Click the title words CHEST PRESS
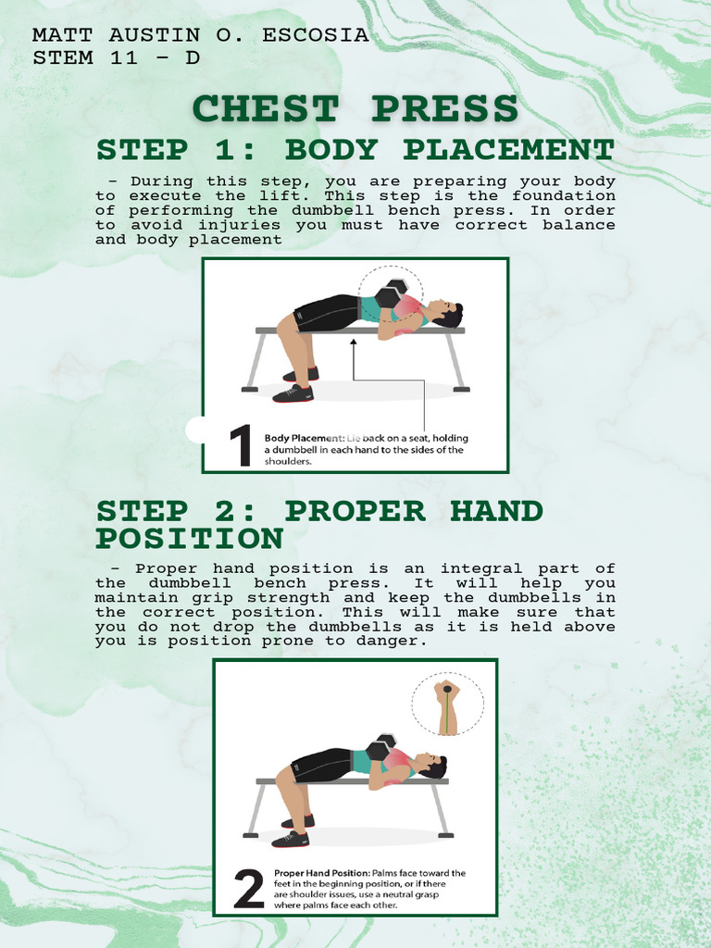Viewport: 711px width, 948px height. click(355, 109)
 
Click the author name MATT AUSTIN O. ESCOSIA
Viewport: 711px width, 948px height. click(201, 36)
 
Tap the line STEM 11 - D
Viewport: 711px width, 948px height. click(116, 57)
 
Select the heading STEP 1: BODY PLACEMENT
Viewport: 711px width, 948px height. click(355, 150)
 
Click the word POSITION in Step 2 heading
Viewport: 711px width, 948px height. click(190, 539)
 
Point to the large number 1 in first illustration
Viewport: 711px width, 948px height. click(240, 445)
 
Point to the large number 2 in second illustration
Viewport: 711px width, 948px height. click(249, 890)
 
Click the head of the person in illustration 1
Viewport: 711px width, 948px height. click(446, 313)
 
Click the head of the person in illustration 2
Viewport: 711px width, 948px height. click(430, 765)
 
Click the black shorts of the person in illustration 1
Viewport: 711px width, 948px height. click(326, 313)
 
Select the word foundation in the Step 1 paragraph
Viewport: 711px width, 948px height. click(563, 196)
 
